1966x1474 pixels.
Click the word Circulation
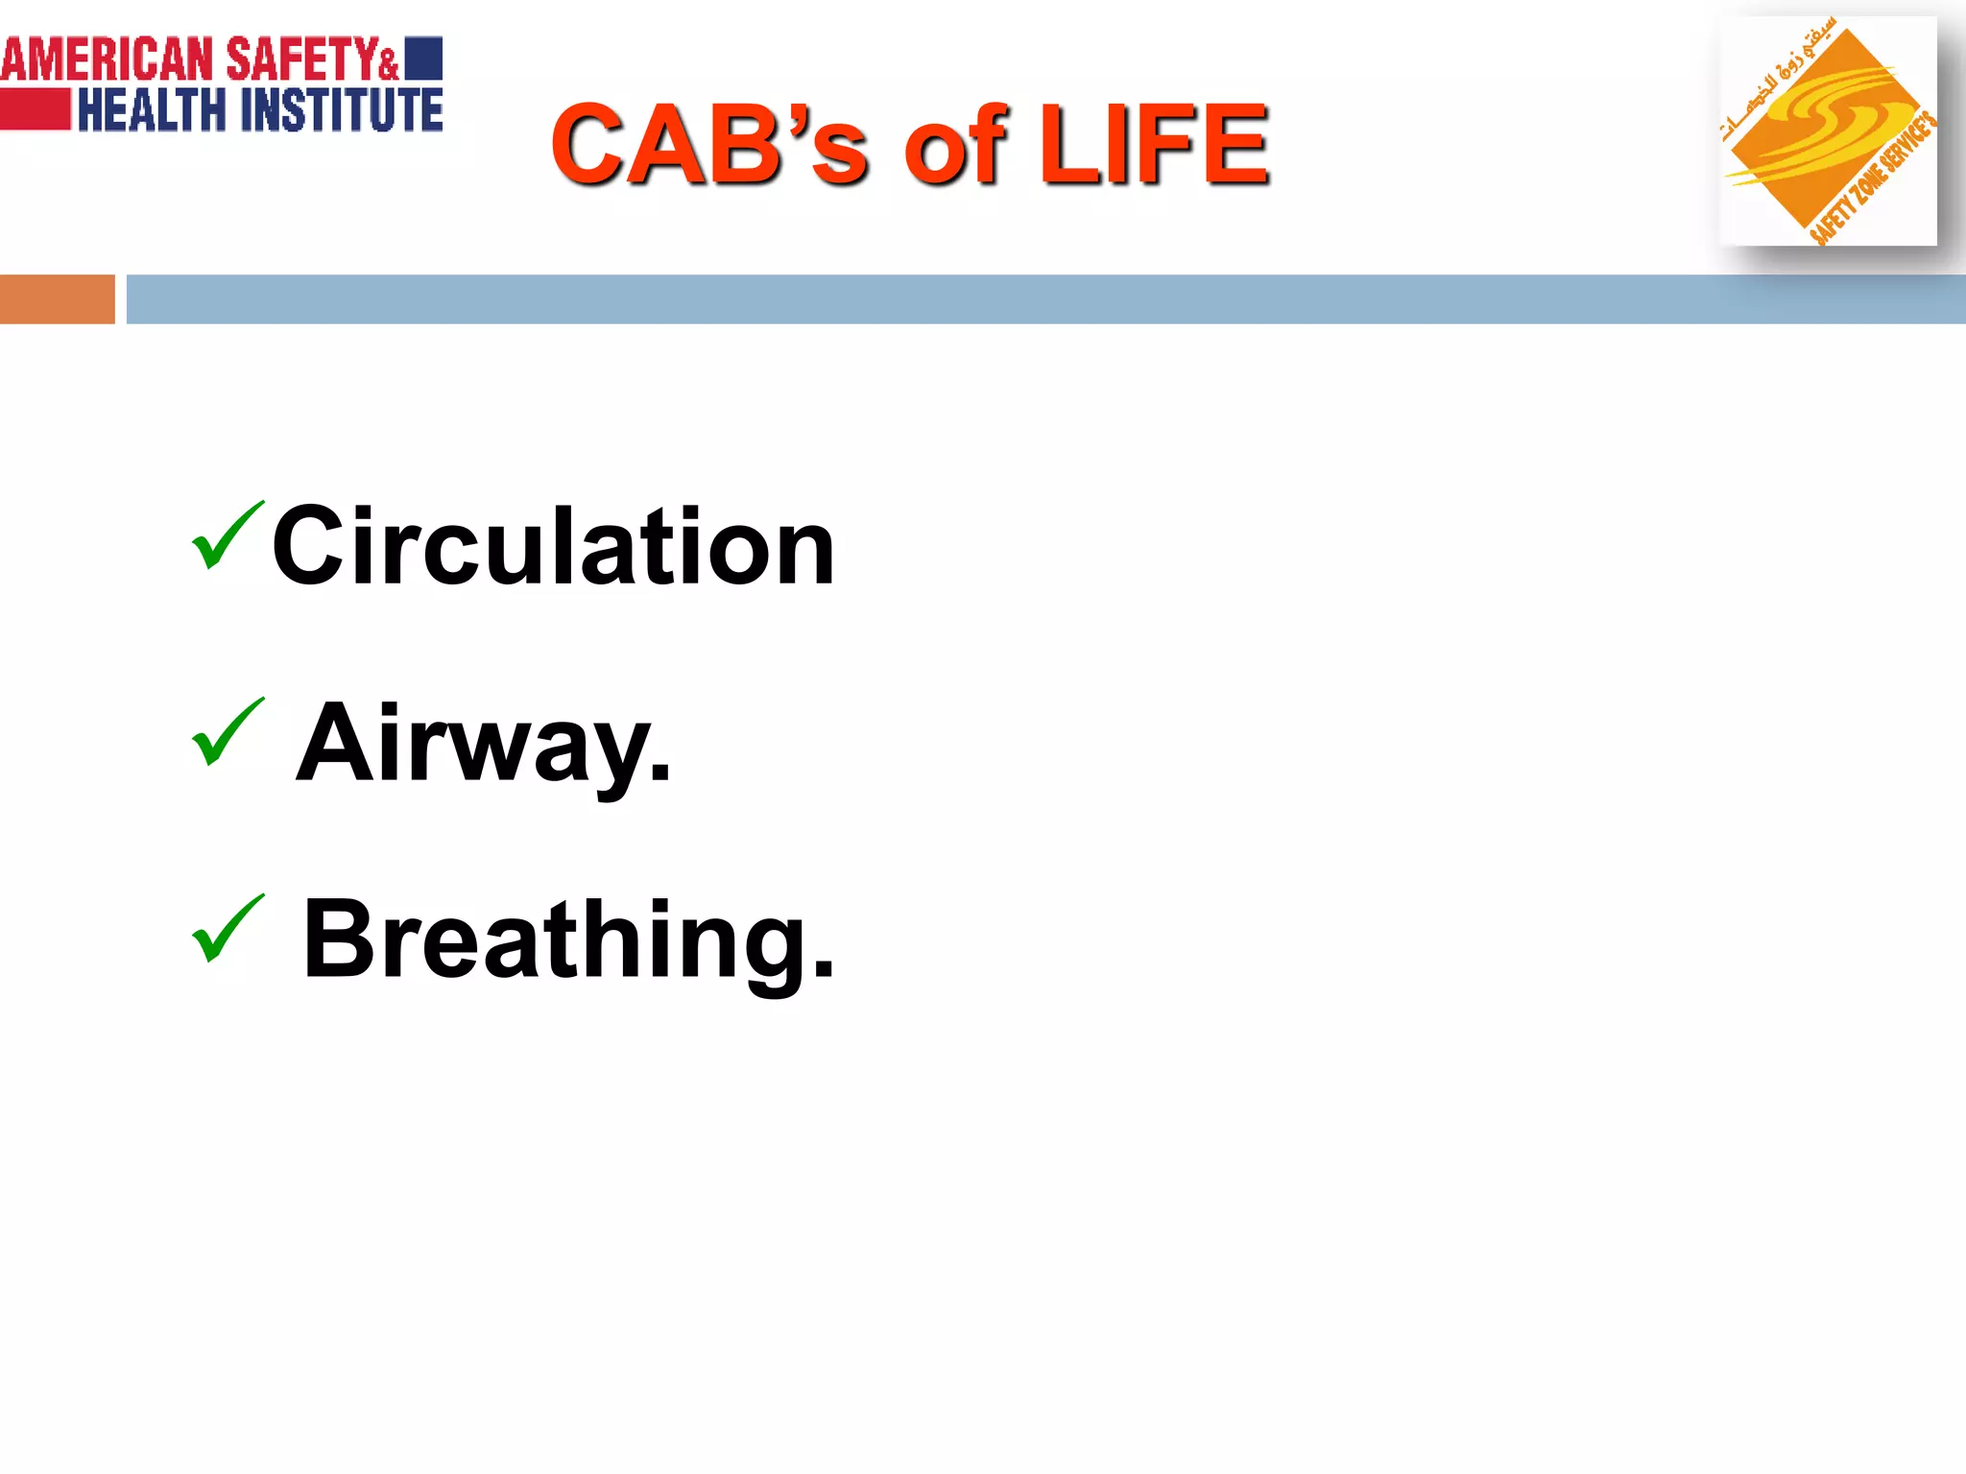click(553, 547)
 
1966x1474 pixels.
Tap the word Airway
click(483, 744)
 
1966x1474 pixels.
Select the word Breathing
click(568, 940)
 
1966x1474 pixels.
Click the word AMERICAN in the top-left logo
click(107, 59)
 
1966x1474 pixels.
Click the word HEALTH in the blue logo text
click(152, 109)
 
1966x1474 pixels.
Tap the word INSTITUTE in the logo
click(342, 109)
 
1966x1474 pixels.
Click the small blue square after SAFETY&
click(423, 58)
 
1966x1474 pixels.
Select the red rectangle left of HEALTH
click(36, 109)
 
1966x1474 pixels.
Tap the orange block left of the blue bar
click(57, 299)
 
